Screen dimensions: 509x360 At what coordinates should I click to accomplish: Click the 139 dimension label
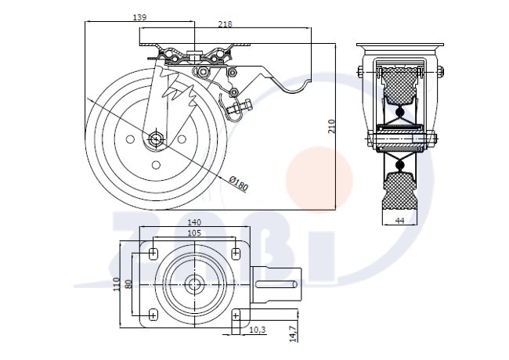coord(139,17)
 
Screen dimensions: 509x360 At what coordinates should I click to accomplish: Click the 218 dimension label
coord(225,24)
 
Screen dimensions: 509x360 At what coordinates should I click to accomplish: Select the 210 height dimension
coord(331,127)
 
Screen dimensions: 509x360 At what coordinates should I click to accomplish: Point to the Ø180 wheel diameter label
coord(239,184)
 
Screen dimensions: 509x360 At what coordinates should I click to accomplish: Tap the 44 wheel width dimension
coord(400,220)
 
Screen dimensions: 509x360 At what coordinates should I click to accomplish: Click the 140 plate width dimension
coord(194,222)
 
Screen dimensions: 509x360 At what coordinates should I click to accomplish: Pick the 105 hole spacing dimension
coord(194,233)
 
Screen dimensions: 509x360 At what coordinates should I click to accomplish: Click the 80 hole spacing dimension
coord(128,284)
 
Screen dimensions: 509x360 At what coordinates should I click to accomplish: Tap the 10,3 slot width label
coord(258,329)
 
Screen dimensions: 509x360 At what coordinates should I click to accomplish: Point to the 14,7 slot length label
coord(294,333)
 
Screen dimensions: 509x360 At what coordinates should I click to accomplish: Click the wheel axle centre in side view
coord(156,139)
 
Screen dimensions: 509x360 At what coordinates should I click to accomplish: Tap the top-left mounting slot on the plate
coord(153,253)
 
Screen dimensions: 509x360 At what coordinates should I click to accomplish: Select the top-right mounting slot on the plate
coord(236,253)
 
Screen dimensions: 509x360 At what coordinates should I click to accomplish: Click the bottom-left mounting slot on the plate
coord(153,315)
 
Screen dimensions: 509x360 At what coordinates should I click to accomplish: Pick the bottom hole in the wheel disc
coord(156,165)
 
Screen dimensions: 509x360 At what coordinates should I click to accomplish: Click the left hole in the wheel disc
coord(130,139)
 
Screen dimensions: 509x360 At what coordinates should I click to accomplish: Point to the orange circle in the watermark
coord(319,179)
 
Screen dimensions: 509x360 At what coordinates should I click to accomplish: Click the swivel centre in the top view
coord(194,284)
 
